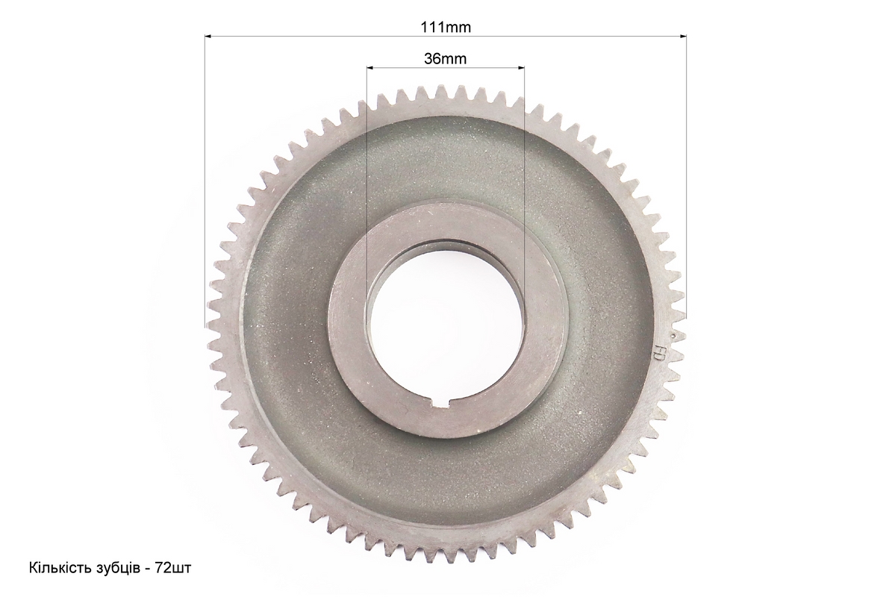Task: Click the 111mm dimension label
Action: (446, 27)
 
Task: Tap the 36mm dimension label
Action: (446, 58)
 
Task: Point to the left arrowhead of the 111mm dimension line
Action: (208, 37)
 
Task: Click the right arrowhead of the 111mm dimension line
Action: (683, 37)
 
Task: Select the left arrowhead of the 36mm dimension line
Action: (370, 68)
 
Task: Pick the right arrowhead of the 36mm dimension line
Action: (520, 68)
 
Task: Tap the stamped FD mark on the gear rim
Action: (658, 354)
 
